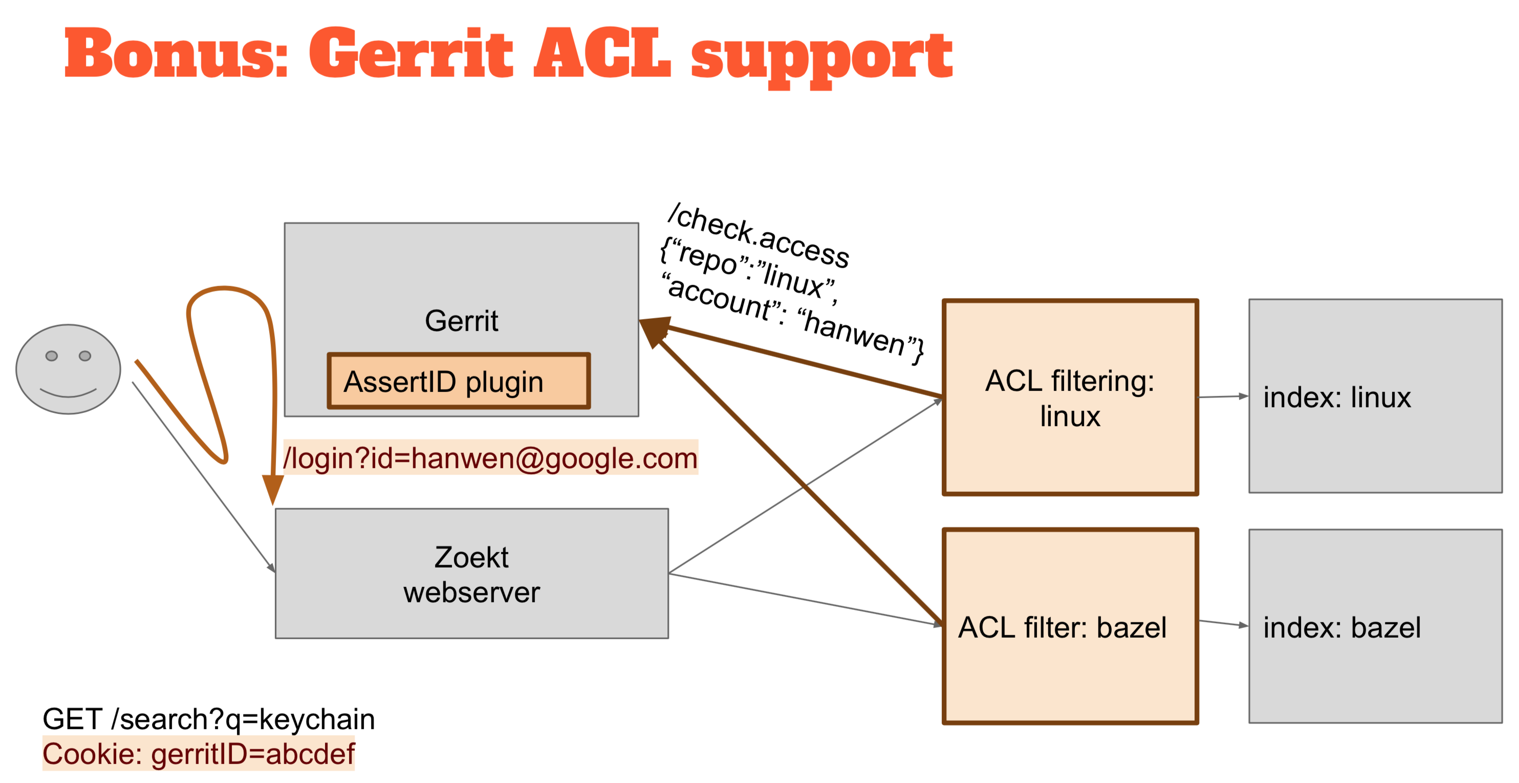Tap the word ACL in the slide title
[x=602, y=54]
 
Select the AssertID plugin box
[x=459, y=381]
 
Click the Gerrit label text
[x=461, y=321]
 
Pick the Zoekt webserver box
[x=472, y=573]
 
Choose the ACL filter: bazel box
[x=1070, y=626]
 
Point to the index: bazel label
[x=1341, y=627]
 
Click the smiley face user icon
[x=69, y=369]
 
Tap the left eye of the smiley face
[x=52, y=356]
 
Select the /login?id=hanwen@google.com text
[x=491, y=458]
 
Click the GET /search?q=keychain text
[x=209, y=719]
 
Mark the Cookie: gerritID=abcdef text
[x=199, y=753]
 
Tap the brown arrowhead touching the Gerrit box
[x=654, y=331]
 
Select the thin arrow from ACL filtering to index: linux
[x=1224, y=397]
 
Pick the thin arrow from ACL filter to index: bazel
[x=1224, y=623]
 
